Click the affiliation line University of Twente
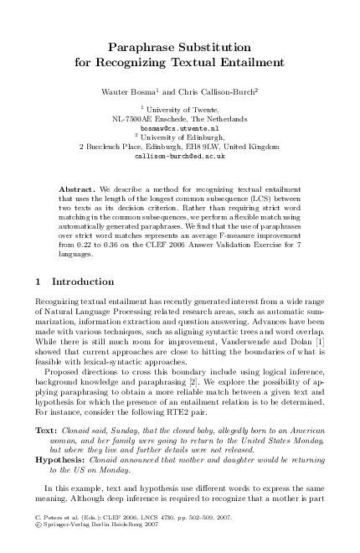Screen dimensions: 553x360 [182, 109]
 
